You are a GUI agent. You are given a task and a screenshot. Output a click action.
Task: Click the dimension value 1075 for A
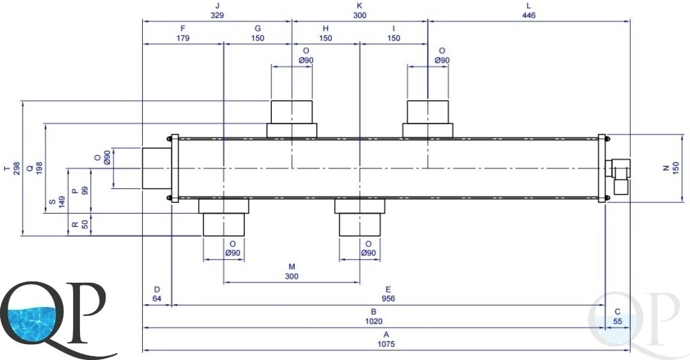(386, 343)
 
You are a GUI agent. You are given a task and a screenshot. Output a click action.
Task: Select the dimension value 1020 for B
(373, 321)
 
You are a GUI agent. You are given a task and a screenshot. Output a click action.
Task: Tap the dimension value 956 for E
(388, 299)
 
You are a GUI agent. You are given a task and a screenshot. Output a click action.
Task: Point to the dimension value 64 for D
(157, 299)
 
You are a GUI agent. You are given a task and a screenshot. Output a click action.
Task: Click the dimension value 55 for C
(618, 321)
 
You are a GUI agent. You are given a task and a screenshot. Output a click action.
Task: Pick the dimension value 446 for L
(529, 15)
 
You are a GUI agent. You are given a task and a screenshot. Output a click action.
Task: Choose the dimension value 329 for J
(217, 15)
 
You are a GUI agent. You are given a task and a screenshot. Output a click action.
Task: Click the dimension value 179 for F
(183, 39)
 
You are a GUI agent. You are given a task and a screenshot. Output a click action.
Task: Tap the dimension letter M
(291, 267)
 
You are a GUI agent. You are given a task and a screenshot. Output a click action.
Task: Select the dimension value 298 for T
(17, 168)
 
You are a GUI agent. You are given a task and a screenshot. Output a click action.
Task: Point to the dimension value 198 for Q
(39, 168)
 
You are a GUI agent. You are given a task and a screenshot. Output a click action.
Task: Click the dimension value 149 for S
(62, 203)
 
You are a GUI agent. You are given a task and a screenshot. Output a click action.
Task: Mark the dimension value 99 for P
(85, 191)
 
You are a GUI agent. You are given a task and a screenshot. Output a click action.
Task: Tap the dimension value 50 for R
(85, 224)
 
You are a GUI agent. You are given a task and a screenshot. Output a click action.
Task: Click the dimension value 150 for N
(676, 168)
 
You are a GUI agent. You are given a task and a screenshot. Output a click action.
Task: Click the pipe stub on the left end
(157, 168)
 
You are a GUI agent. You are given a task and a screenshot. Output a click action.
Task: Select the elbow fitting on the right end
(618, 177)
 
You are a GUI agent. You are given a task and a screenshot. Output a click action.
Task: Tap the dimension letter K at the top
(359, 6)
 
